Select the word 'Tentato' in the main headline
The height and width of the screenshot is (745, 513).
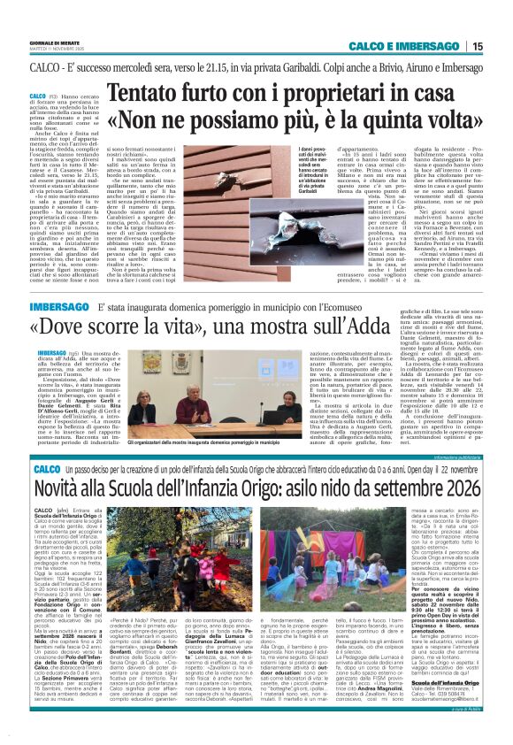click(x=157, y=92)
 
